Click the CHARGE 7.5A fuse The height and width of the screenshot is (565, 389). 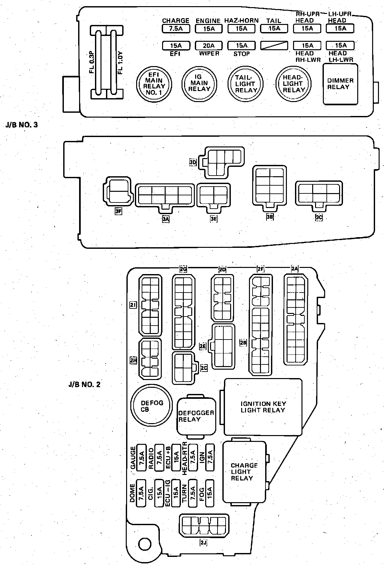pos(176,29)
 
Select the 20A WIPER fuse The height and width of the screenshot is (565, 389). pos(209,46)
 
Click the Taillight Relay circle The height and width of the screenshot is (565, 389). pos(245,84)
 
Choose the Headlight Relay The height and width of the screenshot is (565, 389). pos(293,84)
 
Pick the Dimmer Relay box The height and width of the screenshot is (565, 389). pos(340,84)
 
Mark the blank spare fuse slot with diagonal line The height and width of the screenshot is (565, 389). pos(274,46)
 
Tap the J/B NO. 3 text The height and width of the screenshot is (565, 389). pos(22,125)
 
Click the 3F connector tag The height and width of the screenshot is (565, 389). pos(118,212)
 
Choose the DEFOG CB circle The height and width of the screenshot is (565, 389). pos(151,406)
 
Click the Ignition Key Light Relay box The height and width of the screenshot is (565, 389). pos(263,407)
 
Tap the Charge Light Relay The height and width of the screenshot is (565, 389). pos(244,472)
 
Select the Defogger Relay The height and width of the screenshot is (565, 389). pos(196,416)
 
